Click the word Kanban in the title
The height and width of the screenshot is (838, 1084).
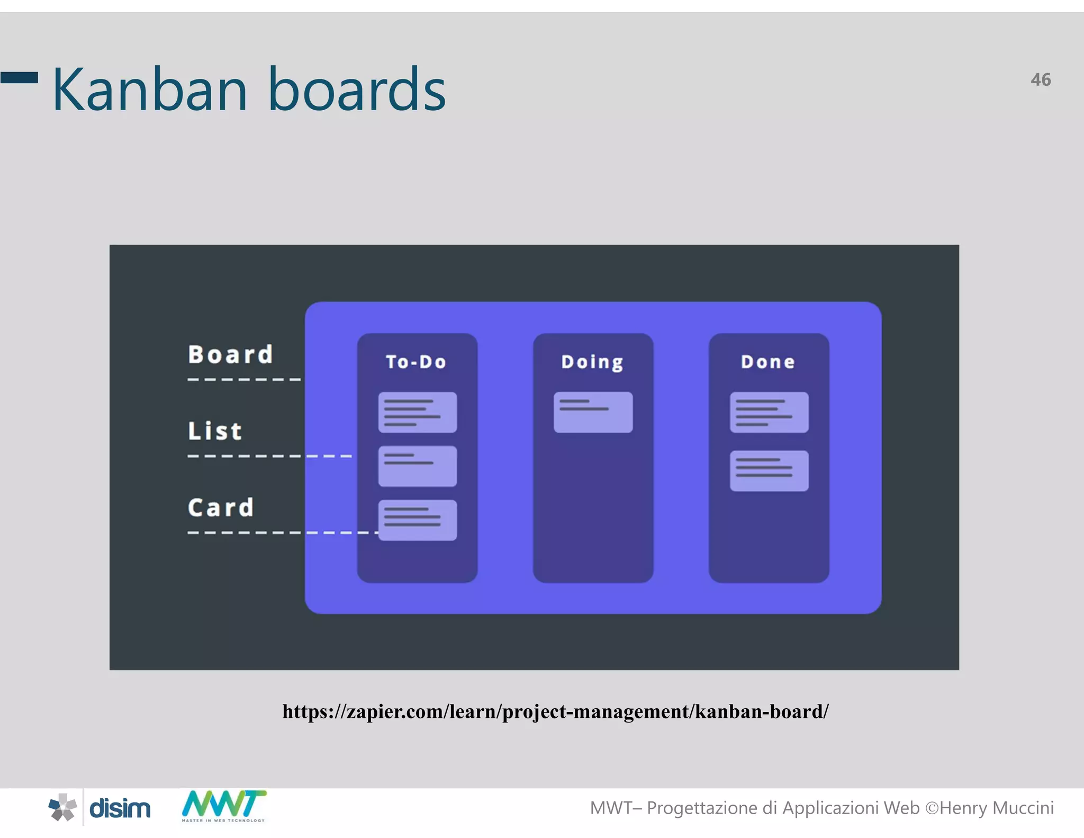[150, 90]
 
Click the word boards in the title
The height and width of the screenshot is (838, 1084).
[357, 90]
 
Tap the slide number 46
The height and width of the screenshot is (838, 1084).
[1040, 80]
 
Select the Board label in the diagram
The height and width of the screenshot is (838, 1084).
[230, 354]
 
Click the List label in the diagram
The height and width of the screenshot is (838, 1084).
[215, 431]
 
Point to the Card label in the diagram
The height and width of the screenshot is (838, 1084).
[221, 507]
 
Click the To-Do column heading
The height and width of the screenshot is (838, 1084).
[416, 362]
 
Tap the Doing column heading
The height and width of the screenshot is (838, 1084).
[592, 362]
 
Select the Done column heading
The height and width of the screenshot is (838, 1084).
[767, 362]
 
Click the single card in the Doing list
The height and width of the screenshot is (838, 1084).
[593, 412]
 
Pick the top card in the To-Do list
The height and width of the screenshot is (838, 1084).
[417, 412]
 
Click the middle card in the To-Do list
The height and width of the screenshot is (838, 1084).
[417, 466]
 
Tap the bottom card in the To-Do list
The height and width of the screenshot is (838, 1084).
[417, 520]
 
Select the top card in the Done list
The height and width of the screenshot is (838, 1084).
[769, 412]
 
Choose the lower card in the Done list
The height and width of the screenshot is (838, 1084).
[769, 471]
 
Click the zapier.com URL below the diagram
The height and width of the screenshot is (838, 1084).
[555, 711]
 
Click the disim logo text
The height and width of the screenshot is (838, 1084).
[120, 808]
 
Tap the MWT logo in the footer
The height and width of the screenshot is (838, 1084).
[223, 805]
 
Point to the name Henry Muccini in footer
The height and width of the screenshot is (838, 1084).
[996, 808]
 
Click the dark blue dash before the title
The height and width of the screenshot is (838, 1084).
[19, 78]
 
